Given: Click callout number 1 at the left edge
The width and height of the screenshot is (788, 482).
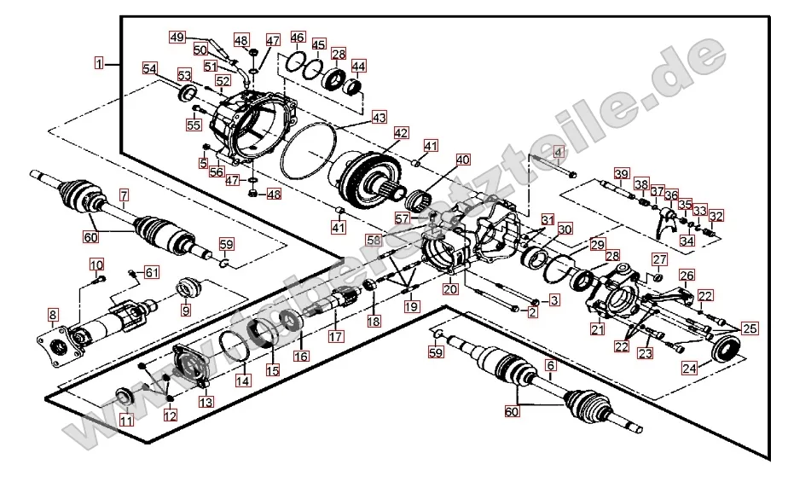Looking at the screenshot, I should [x=100, y=62].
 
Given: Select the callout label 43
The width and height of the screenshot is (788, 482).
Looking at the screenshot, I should [x=379, y=116].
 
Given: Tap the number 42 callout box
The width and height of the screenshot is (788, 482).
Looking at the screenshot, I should [x=400, y=134].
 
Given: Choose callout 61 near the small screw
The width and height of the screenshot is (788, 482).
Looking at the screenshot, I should [x=152, y=272].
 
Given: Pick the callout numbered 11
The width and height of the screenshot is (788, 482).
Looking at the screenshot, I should [x=126, y=419].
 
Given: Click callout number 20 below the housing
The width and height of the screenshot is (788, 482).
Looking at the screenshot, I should [x=449, y=290].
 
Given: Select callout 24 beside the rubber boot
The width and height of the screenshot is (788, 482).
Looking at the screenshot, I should [x=689, y=368].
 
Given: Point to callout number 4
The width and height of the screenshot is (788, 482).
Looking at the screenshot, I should [x=559, y=153].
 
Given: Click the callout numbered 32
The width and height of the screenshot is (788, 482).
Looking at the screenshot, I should [x=716, y=216].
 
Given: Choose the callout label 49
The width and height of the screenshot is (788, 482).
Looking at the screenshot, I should [x=177, y=38].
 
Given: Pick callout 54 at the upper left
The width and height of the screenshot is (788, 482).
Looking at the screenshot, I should [x=150, y=68].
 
